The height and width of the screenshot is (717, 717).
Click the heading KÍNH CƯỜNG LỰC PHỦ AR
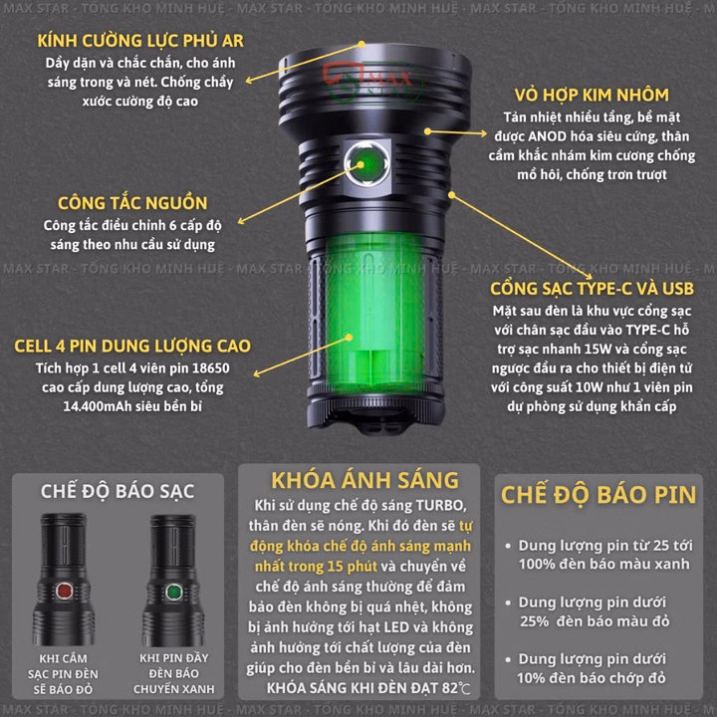click(138, 40)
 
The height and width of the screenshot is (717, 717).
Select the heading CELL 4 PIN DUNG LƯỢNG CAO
click(131, 347)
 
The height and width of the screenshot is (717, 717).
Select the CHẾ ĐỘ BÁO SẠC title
click(118, 491)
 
